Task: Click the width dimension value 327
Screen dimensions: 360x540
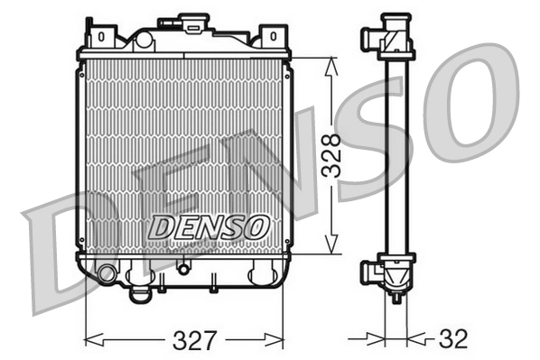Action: (194, 340)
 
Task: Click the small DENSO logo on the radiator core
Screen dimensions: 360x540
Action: (208, 227)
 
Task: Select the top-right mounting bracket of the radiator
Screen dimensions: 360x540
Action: (270, 37)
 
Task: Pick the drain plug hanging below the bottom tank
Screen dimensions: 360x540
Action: (140, 293)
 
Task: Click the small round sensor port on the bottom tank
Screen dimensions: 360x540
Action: (183, 267)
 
